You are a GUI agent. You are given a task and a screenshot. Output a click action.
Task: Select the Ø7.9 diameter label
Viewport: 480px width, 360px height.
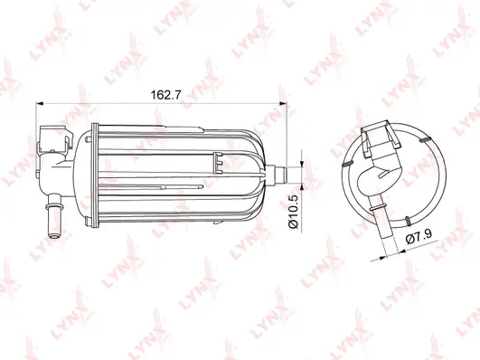417,238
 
